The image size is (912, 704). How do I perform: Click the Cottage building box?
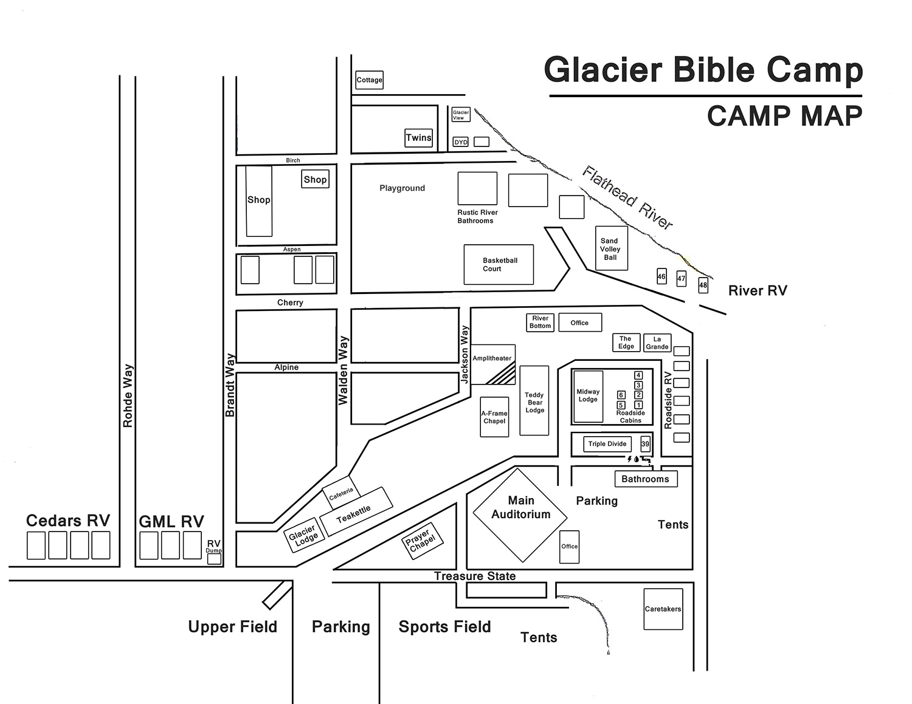369,80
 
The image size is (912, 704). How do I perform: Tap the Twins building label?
418,138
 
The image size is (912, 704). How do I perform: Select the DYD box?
461,142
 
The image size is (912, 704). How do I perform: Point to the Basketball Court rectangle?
499,265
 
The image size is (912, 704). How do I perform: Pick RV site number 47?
682,279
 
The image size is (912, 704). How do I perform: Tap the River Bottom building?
540,322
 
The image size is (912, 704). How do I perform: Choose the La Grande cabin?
657,343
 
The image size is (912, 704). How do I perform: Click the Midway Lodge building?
588,396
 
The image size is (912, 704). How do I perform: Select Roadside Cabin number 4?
638,375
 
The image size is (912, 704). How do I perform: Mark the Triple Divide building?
607,444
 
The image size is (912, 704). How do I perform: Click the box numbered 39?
645,444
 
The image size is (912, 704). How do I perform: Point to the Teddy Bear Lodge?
534,401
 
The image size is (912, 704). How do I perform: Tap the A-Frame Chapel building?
494,417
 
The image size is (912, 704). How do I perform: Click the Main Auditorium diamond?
520,514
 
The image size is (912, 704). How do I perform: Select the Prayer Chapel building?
422,540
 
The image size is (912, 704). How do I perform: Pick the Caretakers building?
663,609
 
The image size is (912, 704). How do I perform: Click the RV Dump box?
214,558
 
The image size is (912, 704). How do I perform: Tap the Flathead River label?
627,197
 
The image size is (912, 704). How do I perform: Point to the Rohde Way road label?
128,395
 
